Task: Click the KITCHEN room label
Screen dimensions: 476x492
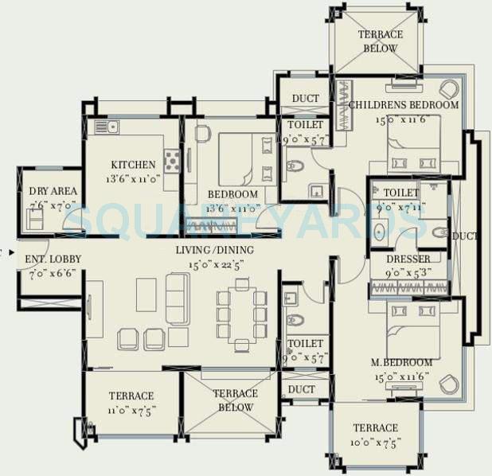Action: (133, 165)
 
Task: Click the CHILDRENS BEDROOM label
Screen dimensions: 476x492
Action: (404, 105)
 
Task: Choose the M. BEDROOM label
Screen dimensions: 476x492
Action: (402, 362)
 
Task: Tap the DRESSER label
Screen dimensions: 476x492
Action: (408, 259)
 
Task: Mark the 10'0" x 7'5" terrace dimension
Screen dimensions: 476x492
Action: (375, 442)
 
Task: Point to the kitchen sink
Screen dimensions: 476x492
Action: (106, 127)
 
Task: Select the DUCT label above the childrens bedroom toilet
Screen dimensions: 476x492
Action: (305, 99)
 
